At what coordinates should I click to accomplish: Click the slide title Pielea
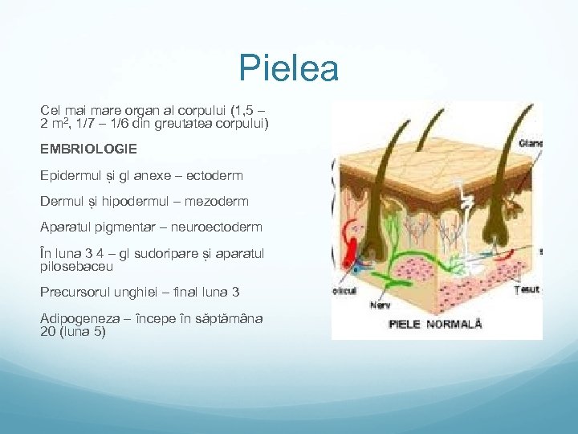point(289,69)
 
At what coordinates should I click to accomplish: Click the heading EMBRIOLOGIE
point(89,149)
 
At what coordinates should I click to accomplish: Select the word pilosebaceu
point(77,265)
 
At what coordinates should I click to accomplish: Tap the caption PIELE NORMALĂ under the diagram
point(435,324)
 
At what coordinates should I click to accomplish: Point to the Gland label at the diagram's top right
point(531,144)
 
